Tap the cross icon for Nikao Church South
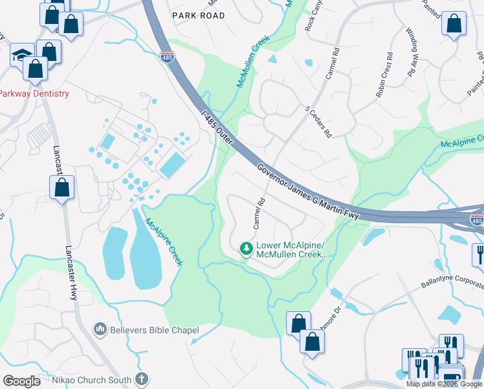pyautogui.click(x=142, y=379)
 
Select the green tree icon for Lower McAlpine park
pyautogui.click(x=246, y=248)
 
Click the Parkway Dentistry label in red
pyautogui.click(x=34, y=93)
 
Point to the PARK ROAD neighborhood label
pyautogui.click(x=199, y=15)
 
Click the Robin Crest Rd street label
pyautogui.click(x=384, y=75)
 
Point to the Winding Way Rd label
pyautogui.click(x=412, y=53)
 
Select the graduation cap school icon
pyautogui.click(x=21, y=54)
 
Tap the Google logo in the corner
pyautogui.click(x=21, y=381)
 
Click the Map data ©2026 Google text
pyautogui.click(x=444, y=384)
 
